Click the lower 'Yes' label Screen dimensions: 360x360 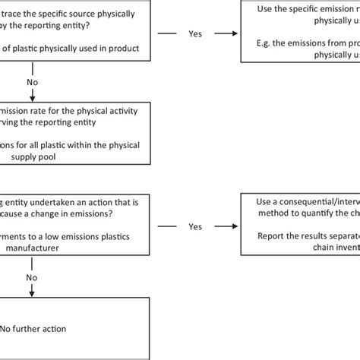click(196, 226)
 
